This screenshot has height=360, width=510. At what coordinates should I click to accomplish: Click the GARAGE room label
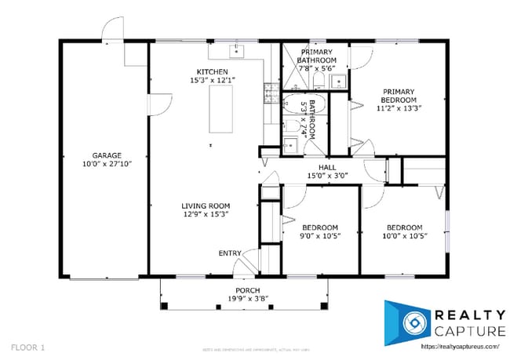tap(107, 155)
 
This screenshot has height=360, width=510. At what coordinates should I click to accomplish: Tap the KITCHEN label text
tap(212, 72)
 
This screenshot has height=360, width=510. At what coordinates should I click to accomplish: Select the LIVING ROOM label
tap(206, 205)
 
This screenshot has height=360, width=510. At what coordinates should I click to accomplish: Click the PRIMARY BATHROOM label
tap(317, 56)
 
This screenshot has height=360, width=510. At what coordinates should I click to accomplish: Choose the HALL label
tap(315, 167)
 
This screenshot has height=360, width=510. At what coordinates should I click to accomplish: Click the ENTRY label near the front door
tap(230, 253)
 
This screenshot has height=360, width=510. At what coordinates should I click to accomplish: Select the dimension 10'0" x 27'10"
tap(107, 164)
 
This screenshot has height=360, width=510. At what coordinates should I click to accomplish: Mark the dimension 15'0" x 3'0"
tap(315, 176)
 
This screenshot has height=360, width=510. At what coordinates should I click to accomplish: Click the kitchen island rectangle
tap(220, 111)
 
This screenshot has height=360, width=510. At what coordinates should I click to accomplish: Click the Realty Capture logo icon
tap(409, 322)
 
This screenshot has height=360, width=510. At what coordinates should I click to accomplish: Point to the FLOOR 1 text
tap(28, 346)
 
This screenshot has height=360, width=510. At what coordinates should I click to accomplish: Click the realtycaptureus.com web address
tap(460, 345)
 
